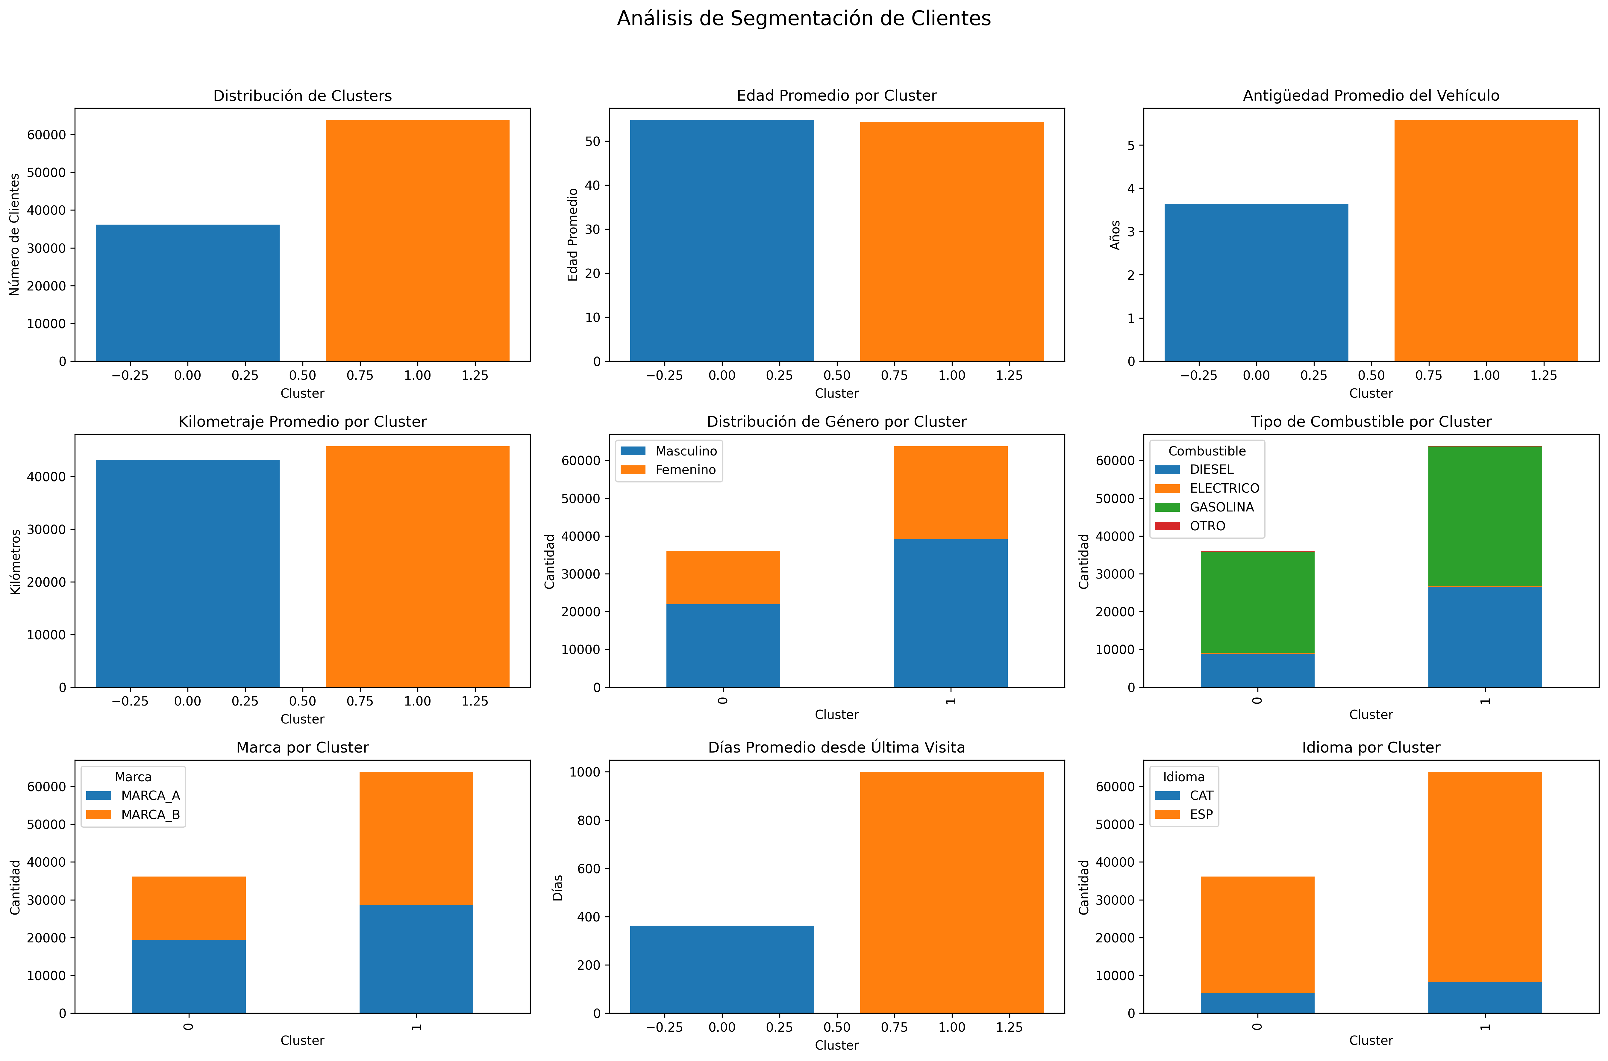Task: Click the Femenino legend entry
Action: pos(685,470)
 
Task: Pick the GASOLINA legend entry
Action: pos(1221,507)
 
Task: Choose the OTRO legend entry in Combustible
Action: pos(1207,526)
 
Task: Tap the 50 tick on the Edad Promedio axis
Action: pos(592,141)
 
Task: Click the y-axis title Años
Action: pos(1115,235)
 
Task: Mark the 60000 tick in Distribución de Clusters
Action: pos(46,135)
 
